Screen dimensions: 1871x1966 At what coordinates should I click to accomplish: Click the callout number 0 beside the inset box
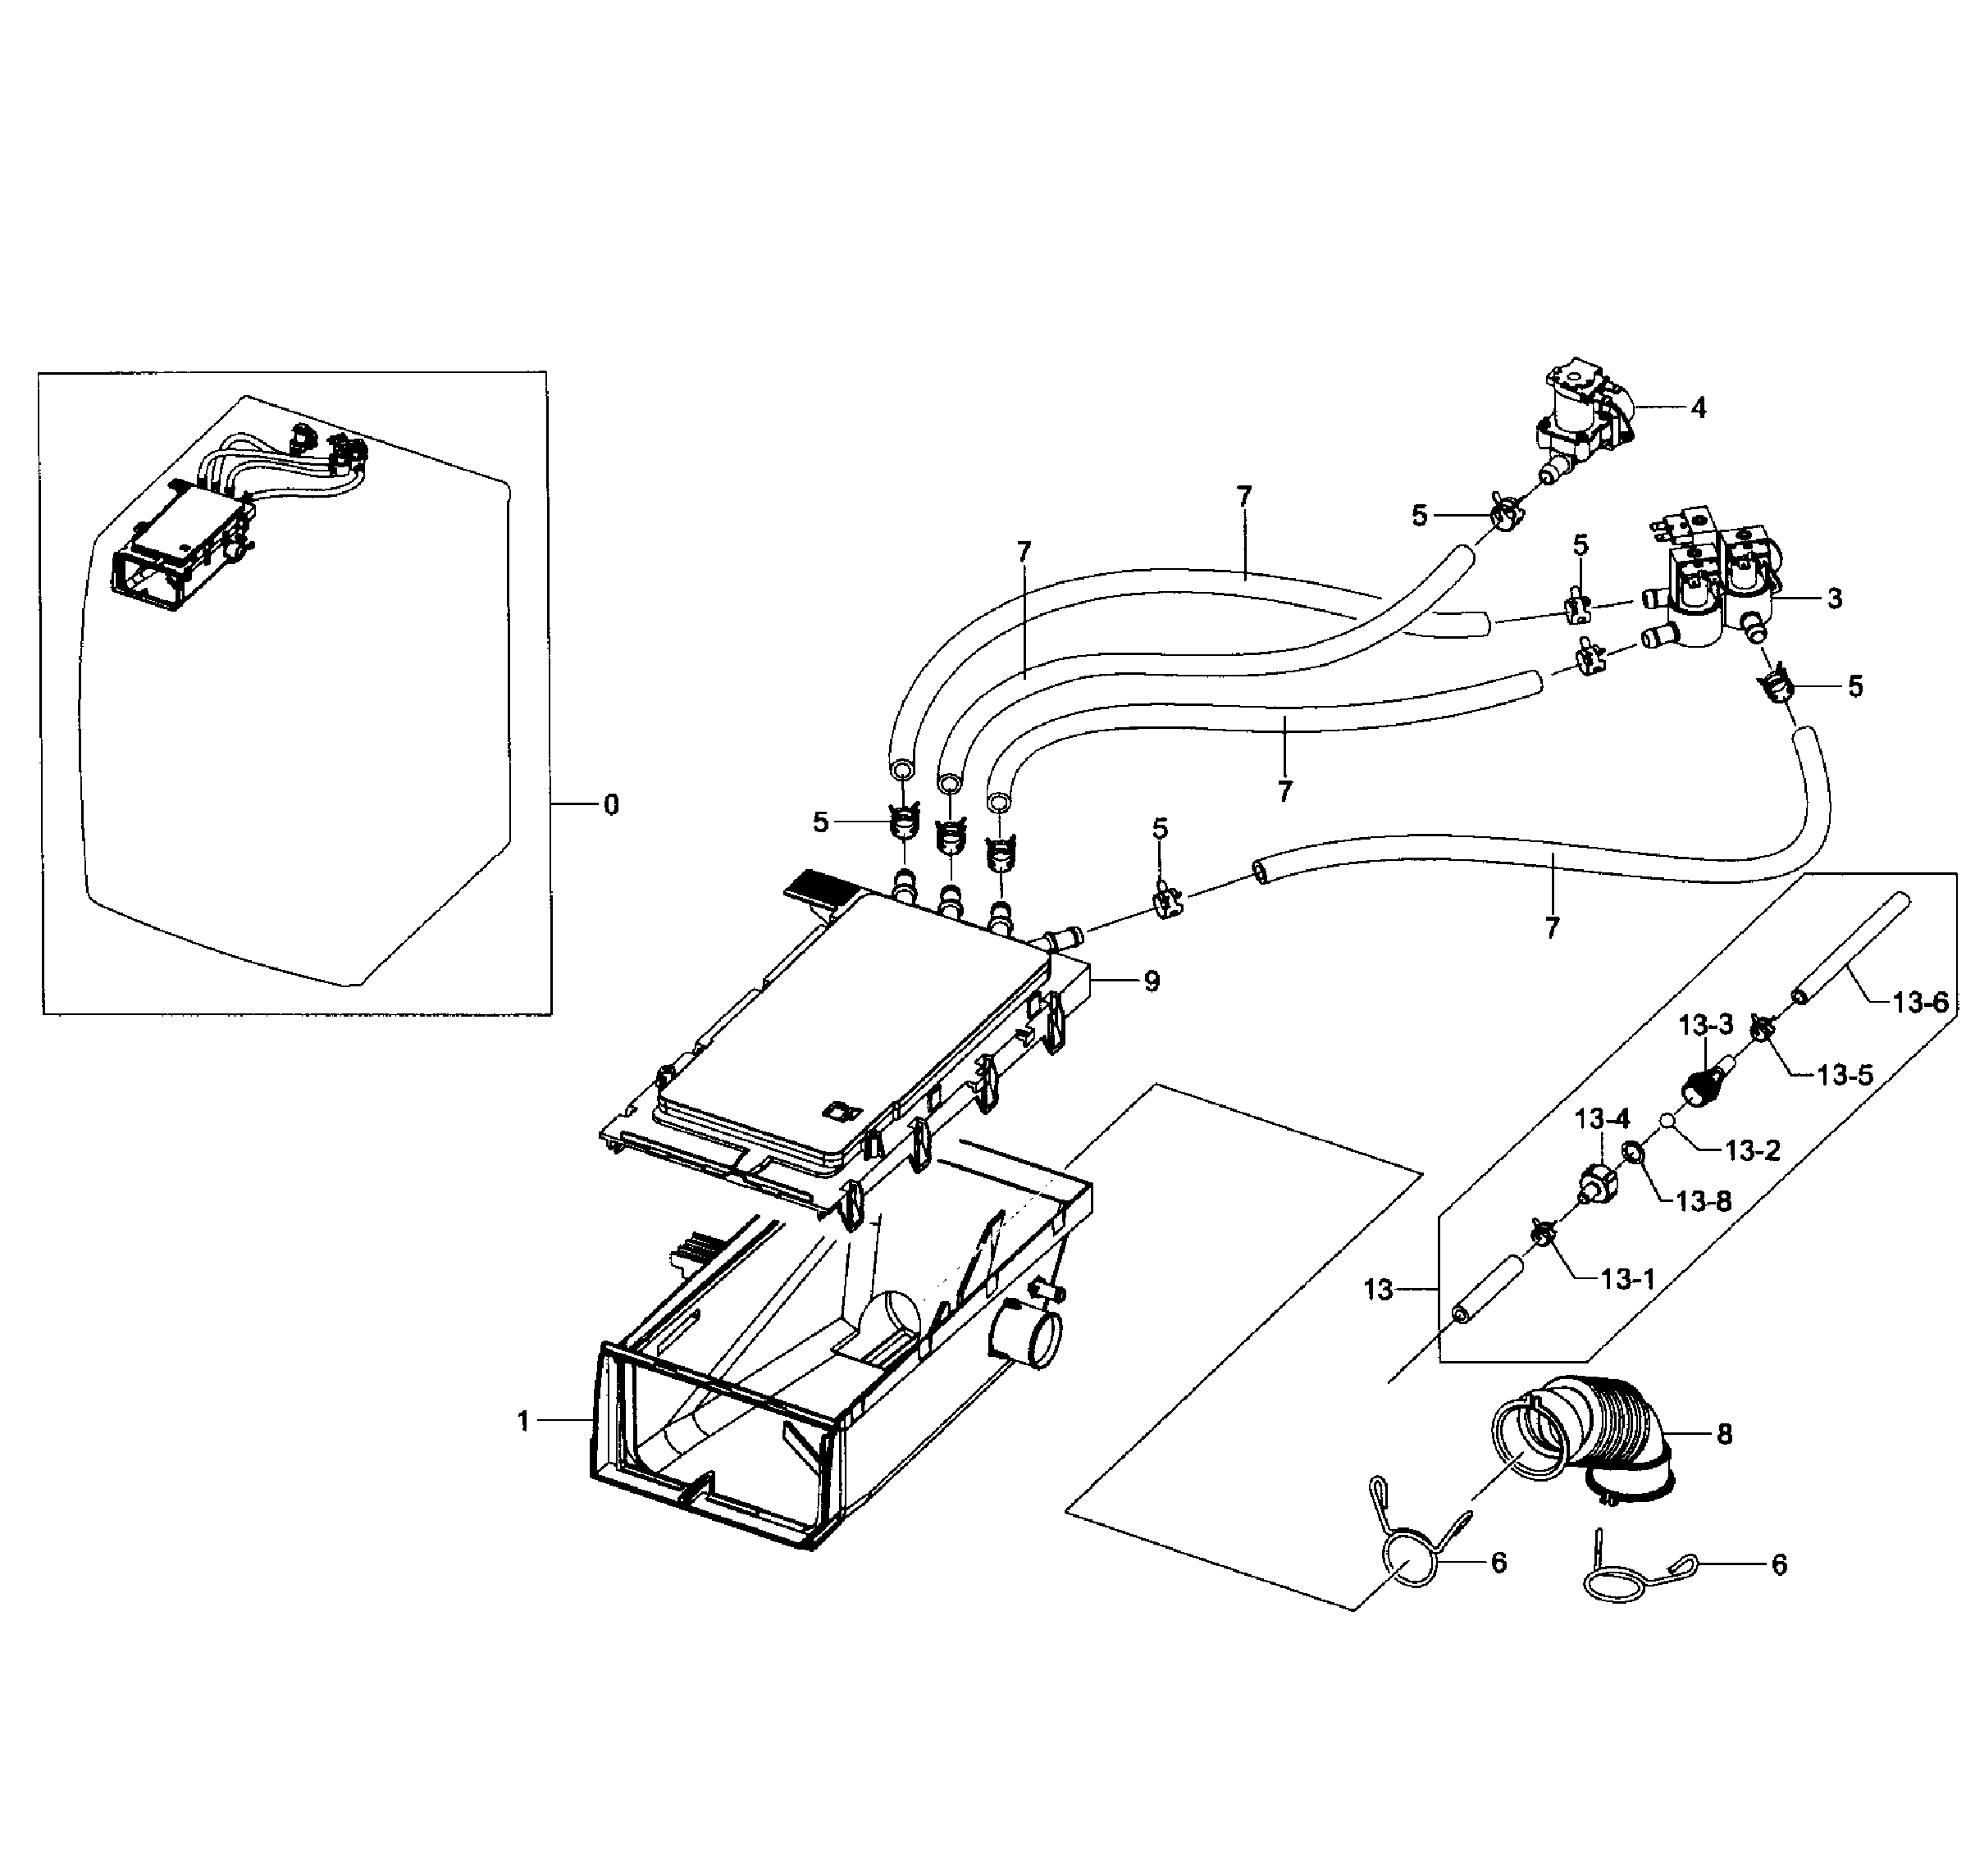pyautogui.click(x=610, y=803)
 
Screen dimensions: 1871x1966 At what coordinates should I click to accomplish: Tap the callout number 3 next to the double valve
pyautogui.click(x=1834, y=599)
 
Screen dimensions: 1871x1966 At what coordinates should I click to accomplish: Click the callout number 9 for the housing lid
pyautogui.click(x=1152, y=981)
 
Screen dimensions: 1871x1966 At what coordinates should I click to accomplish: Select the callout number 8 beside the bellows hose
pyautogui.click(x=1723, y=1434)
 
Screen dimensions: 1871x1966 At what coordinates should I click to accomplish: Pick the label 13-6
pyautogui.click(x=1919, y=1002)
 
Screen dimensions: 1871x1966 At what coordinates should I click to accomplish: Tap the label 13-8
pyautogui.click(x=1704, y=1202)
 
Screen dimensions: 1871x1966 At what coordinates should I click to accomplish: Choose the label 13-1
pyautogui.click(x=1628, y=1278)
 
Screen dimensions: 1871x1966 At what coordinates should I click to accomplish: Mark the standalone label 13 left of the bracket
pyautogui.click(x=1377, y=1290)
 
